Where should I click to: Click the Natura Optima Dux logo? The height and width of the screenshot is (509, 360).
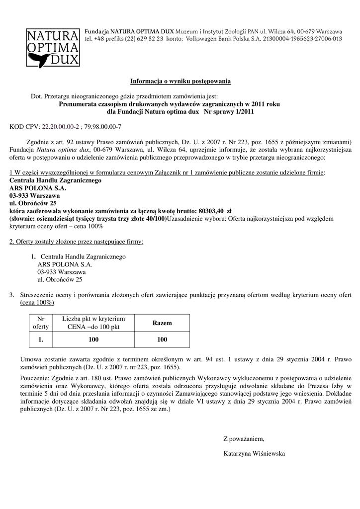53,48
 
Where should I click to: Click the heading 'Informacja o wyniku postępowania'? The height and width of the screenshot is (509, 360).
180,81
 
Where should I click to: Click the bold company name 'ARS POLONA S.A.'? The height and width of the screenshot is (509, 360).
38,188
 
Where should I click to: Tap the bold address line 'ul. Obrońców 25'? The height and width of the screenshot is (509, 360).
33,203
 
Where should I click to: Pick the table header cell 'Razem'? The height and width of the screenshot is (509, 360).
162,323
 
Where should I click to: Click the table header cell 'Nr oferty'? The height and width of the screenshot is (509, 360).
38,323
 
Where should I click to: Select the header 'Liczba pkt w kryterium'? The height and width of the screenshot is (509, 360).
93,318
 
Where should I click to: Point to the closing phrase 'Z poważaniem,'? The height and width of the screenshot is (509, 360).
244,439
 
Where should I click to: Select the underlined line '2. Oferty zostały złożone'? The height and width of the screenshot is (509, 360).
76,242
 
